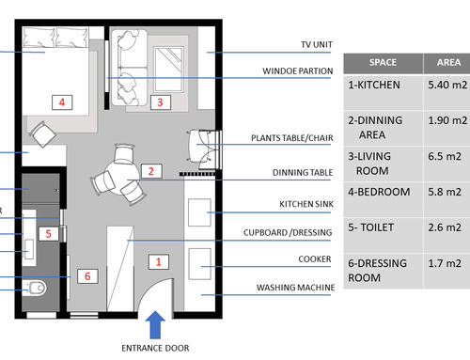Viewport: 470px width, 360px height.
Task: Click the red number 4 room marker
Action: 62,102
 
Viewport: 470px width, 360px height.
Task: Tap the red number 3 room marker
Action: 161,102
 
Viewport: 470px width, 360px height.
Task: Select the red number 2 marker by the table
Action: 151,171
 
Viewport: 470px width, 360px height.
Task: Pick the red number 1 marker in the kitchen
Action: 159,262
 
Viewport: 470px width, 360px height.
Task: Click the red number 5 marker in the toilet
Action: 49,234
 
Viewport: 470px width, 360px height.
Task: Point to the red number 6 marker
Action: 87,276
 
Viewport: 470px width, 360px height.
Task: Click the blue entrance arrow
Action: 155,325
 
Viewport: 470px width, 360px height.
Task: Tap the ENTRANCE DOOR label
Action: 155,348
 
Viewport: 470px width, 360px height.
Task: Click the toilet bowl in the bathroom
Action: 37,288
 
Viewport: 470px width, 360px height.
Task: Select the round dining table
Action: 122,177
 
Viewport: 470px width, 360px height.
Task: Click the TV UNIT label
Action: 317,44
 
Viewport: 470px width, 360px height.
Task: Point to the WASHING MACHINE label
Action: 295,288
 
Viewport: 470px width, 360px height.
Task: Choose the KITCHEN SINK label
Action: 306,204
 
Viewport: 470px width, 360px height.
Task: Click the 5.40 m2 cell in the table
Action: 447,85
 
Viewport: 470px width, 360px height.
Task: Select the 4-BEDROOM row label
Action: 379,192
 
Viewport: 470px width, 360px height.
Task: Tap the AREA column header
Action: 448,62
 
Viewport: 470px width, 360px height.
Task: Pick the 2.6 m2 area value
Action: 445,227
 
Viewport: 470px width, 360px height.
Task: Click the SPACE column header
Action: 383,62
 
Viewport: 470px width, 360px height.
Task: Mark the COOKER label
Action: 315,259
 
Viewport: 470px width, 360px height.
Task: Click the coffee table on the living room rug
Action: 168,70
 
